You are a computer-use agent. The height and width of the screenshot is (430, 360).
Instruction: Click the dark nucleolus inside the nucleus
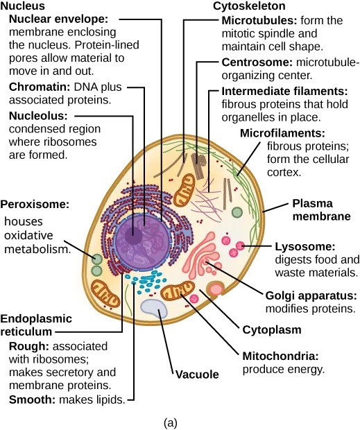tap(134, 235)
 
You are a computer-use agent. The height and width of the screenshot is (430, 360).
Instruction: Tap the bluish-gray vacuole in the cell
tap(154, 309)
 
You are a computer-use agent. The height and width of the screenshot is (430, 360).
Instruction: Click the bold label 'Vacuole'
tap(197, 375)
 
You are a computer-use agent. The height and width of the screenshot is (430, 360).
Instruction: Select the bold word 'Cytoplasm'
tap(272, 329)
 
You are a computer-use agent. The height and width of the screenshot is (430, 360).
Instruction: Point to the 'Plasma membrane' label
tap(321, 209)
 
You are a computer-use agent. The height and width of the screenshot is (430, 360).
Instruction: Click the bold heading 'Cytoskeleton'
tap(249, 6)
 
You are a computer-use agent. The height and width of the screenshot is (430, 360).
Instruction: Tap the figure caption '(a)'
tap(170, 422)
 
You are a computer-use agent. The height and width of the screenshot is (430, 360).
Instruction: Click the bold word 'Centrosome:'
tap(257, 62)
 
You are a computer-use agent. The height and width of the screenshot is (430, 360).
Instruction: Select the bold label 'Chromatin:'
tap(40, 87)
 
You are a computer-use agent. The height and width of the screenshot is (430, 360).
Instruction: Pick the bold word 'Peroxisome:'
tap(35, 205)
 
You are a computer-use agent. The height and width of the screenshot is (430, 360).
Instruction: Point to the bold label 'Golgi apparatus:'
tap(311, 296)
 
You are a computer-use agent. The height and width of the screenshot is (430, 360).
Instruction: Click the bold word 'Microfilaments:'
tap(282, 133)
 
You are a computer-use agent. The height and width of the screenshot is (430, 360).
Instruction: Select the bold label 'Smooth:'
tap(33, 399)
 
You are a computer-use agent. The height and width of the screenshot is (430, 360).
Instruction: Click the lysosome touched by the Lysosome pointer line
tap(240, 246)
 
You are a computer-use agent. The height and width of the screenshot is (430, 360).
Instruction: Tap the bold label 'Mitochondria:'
tap(280, 356)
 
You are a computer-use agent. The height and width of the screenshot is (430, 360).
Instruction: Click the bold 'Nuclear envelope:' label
tap(59, 19)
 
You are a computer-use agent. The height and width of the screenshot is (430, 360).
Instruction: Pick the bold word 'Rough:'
tap(29, 346)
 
